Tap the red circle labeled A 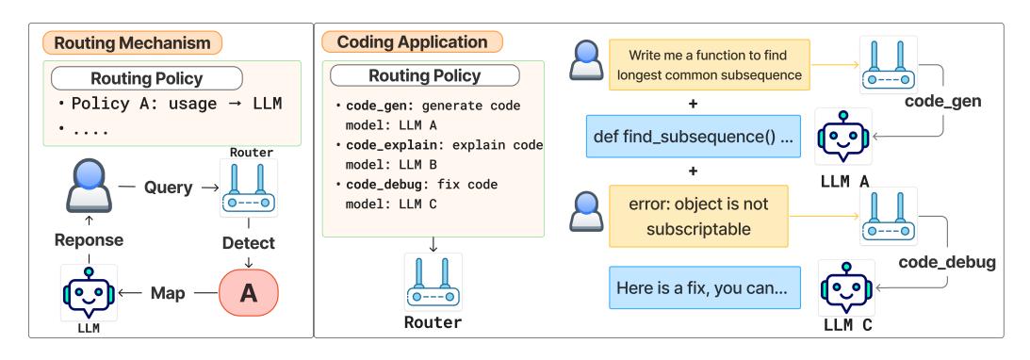pyautogui.click(x=249, y=293)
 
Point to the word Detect pyautogui.click(x=249, y=243)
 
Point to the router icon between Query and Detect pyautogui.click(x=249, y=188)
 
